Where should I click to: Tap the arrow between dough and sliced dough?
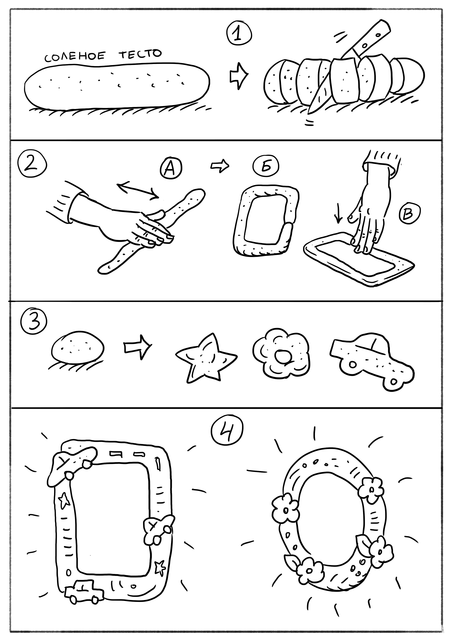point(238,76)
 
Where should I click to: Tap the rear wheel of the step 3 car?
point(352,364)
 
